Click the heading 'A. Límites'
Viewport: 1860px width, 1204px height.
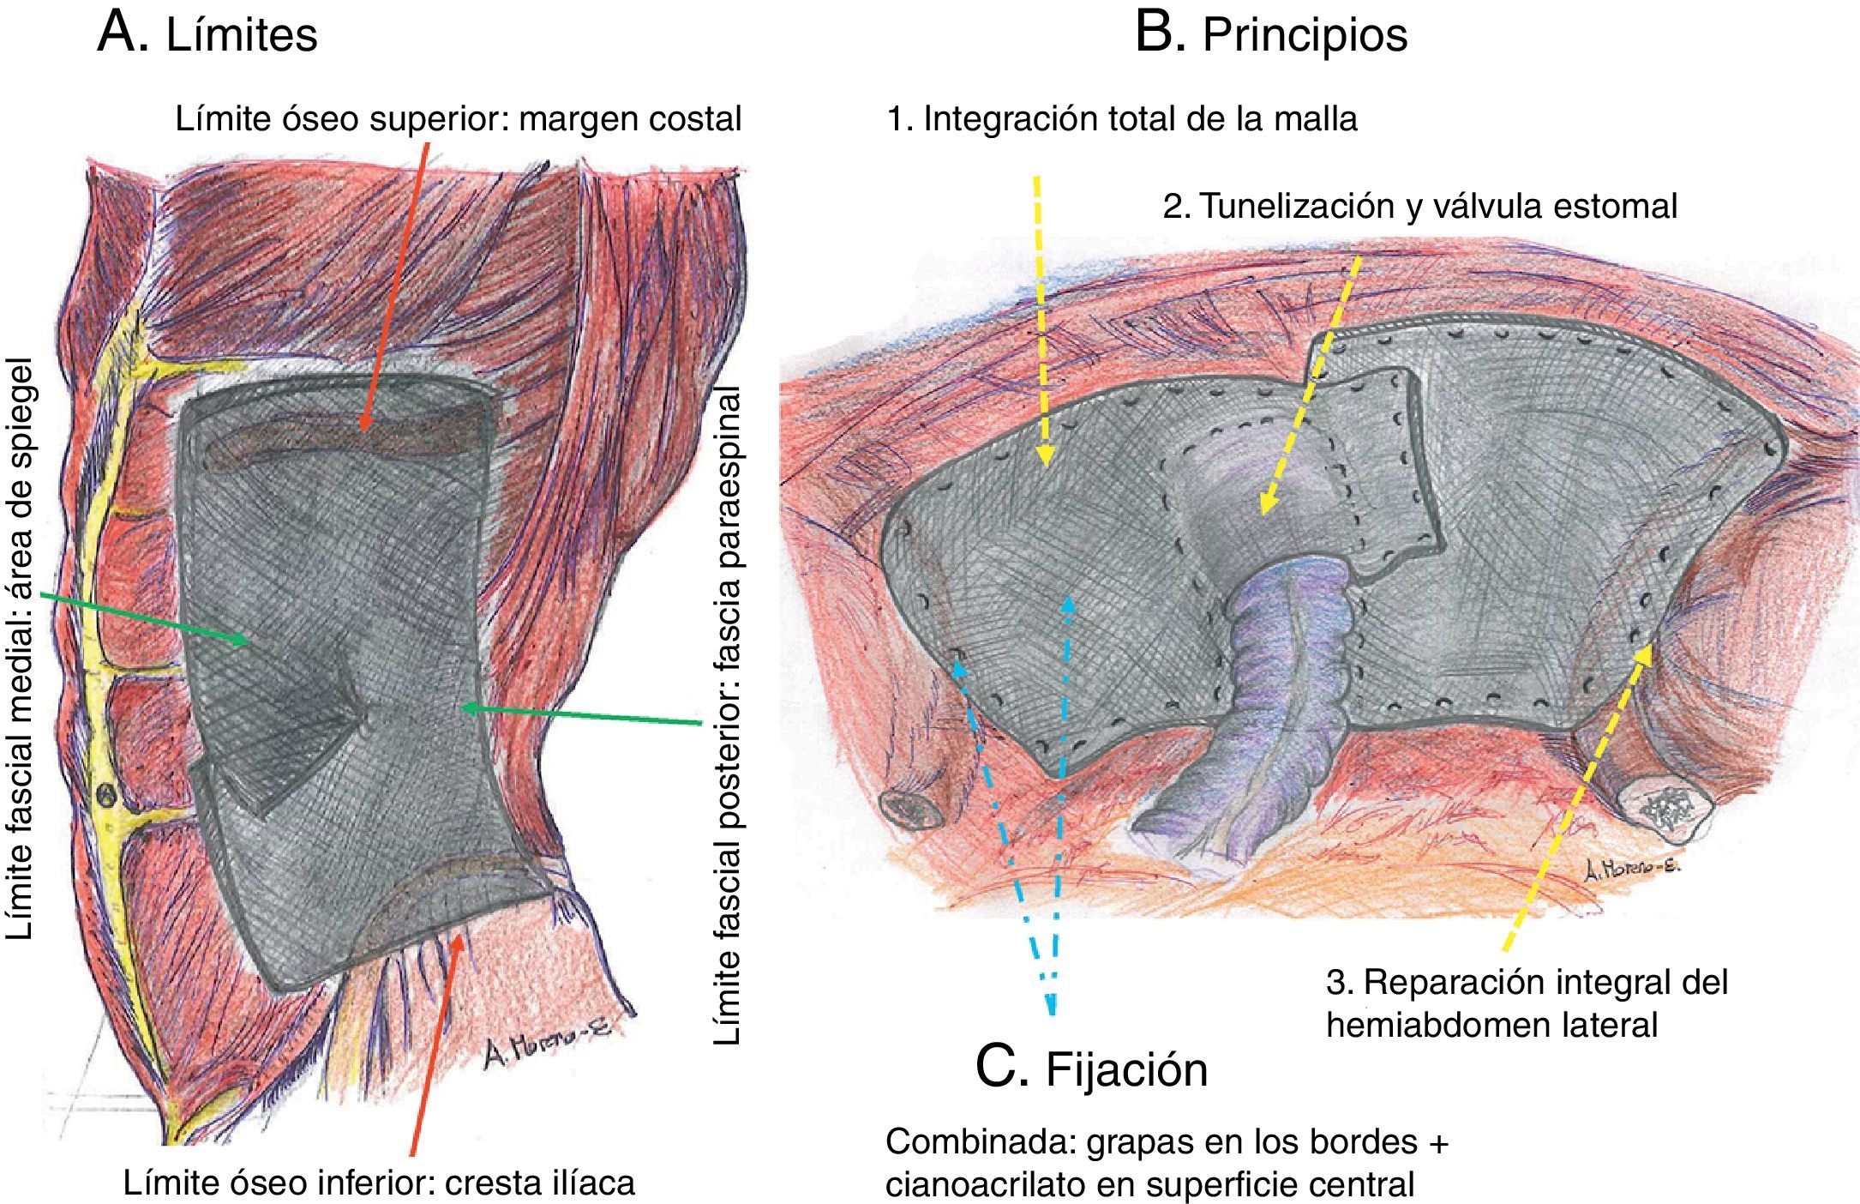(x=207, y=34)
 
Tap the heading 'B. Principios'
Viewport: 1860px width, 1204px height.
(x=1270, y=34)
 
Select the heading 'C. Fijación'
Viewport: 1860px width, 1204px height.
(x=1091, y=1069)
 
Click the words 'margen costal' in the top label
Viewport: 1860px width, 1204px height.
(x=630, y=119)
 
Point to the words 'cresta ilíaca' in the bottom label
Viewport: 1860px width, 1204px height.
(x=541, y=1183)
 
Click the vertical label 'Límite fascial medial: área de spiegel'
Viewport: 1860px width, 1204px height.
(x=21, y=649)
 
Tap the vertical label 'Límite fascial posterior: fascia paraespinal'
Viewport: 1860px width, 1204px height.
(x=726, y=715)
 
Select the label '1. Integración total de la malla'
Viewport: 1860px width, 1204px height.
(x=1122, y=119)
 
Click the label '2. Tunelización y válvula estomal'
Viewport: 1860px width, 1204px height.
(x=1419, y=207)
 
